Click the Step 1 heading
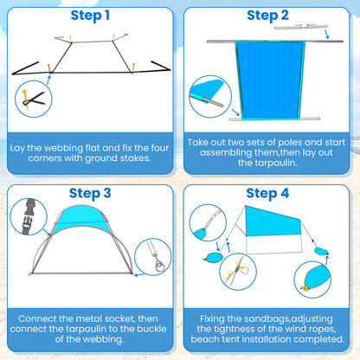tap(90, 16)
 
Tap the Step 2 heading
tap(267, 16)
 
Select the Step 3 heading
tap(90, 193)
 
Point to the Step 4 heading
tap(267, 193)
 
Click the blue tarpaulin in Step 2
tap(270, 80)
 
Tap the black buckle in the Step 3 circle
tap(29, 216)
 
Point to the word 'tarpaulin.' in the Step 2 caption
tap(267, 163)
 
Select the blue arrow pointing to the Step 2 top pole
tap(326, 35)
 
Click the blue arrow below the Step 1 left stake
tap(48, 80)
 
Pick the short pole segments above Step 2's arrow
tap(301, 27)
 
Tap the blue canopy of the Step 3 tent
tap(81, 219)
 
